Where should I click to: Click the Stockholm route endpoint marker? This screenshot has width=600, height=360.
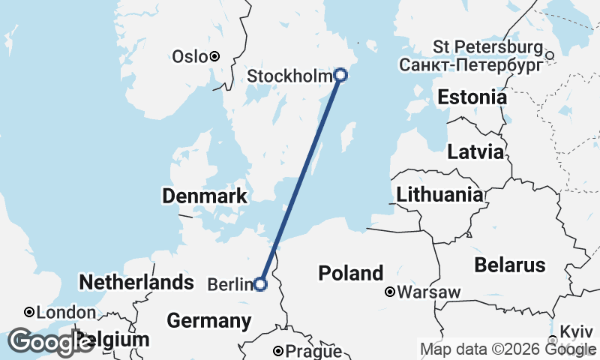click(x=340, y=74)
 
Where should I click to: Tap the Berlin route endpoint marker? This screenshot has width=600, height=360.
click(x=260, y=284)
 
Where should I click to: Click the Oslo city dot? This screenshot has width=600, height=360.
click(x=214, y=56)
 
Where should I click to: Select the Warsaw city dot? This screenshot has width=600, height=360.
click(x=390, y=292)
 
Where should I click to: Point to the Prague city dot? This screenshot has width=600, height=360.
click(x=277, y=350)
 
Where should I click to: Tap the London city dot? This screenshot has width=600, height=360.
click(x=28, y=311)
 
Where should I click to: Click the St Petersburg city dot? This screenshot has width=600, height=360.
click(x=549, y=55)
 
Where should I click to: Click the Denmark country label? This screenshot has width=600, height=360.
click(x=205, y=197)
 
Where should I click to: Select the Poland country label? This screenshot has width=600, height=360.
click(x=350, y=273)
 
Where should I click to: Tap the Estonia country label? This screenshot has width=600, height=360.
click(x=472, y=97)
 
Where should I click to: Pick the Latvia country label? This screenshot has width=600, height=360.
click(x=475, y=152)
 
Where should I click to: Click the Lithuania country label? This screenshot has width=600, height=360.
click(x=439, y=196)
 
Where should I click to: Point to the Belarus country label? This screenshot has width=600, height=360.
click(x=509, y=265)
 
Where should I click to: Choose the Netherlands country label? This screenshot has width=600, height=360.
click(x=136, y=283)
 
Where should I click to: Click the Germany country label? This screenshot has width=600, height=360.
click(x=208, y=321)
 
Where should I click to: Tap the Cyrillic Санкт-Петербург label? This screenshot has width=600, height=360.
click(x=471, y=64)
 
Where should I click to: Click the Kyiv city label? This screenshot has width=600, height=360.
click(x=576, y=331)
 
